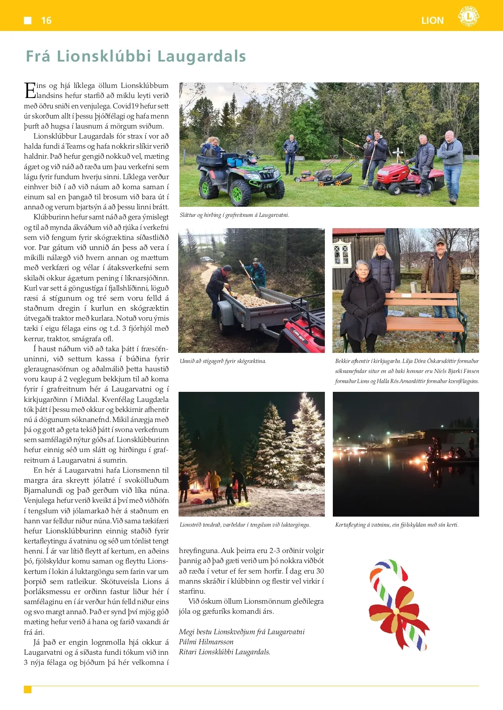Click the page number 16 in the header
(46, 21)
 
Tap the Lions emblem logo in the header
(468, 17)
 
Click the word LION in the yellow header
(432, 21)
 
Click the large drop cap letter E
(29, 90)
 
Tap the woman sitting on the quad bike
(212, 147)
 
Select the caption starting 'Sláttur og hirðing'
(234, 215)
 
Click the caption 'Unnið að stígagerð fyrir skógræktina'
(223, 361)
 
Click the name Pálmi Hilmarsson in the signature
(206, 642)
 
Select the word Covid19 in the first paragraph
(125, 106)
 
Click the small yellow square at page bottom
(28, 689)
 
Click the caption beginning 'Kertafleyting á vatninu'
(397, 525)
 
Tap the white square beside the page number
(28, 21)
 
